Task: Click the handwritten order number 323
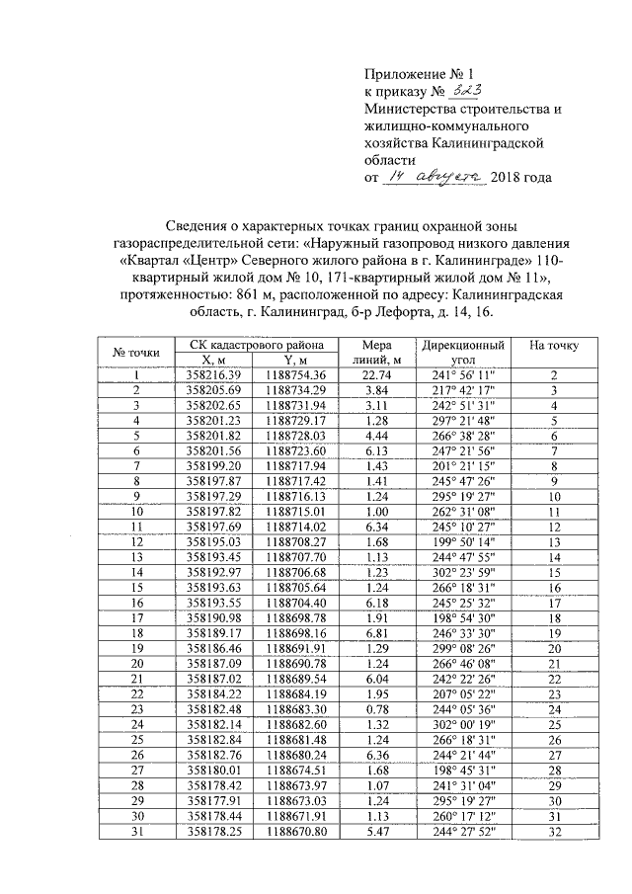pyautogui.click(x=464, y=91)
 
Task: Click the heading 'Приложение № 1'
pyautogui.click(x=412, y=73)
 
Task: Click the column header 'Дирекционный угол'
pyautogui.click(x=463, y=353)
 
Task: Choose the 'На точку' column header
pyautogui.click(x=554, y=346)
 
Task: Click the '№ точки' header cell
pyautogui.click(x=137, y=353)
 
